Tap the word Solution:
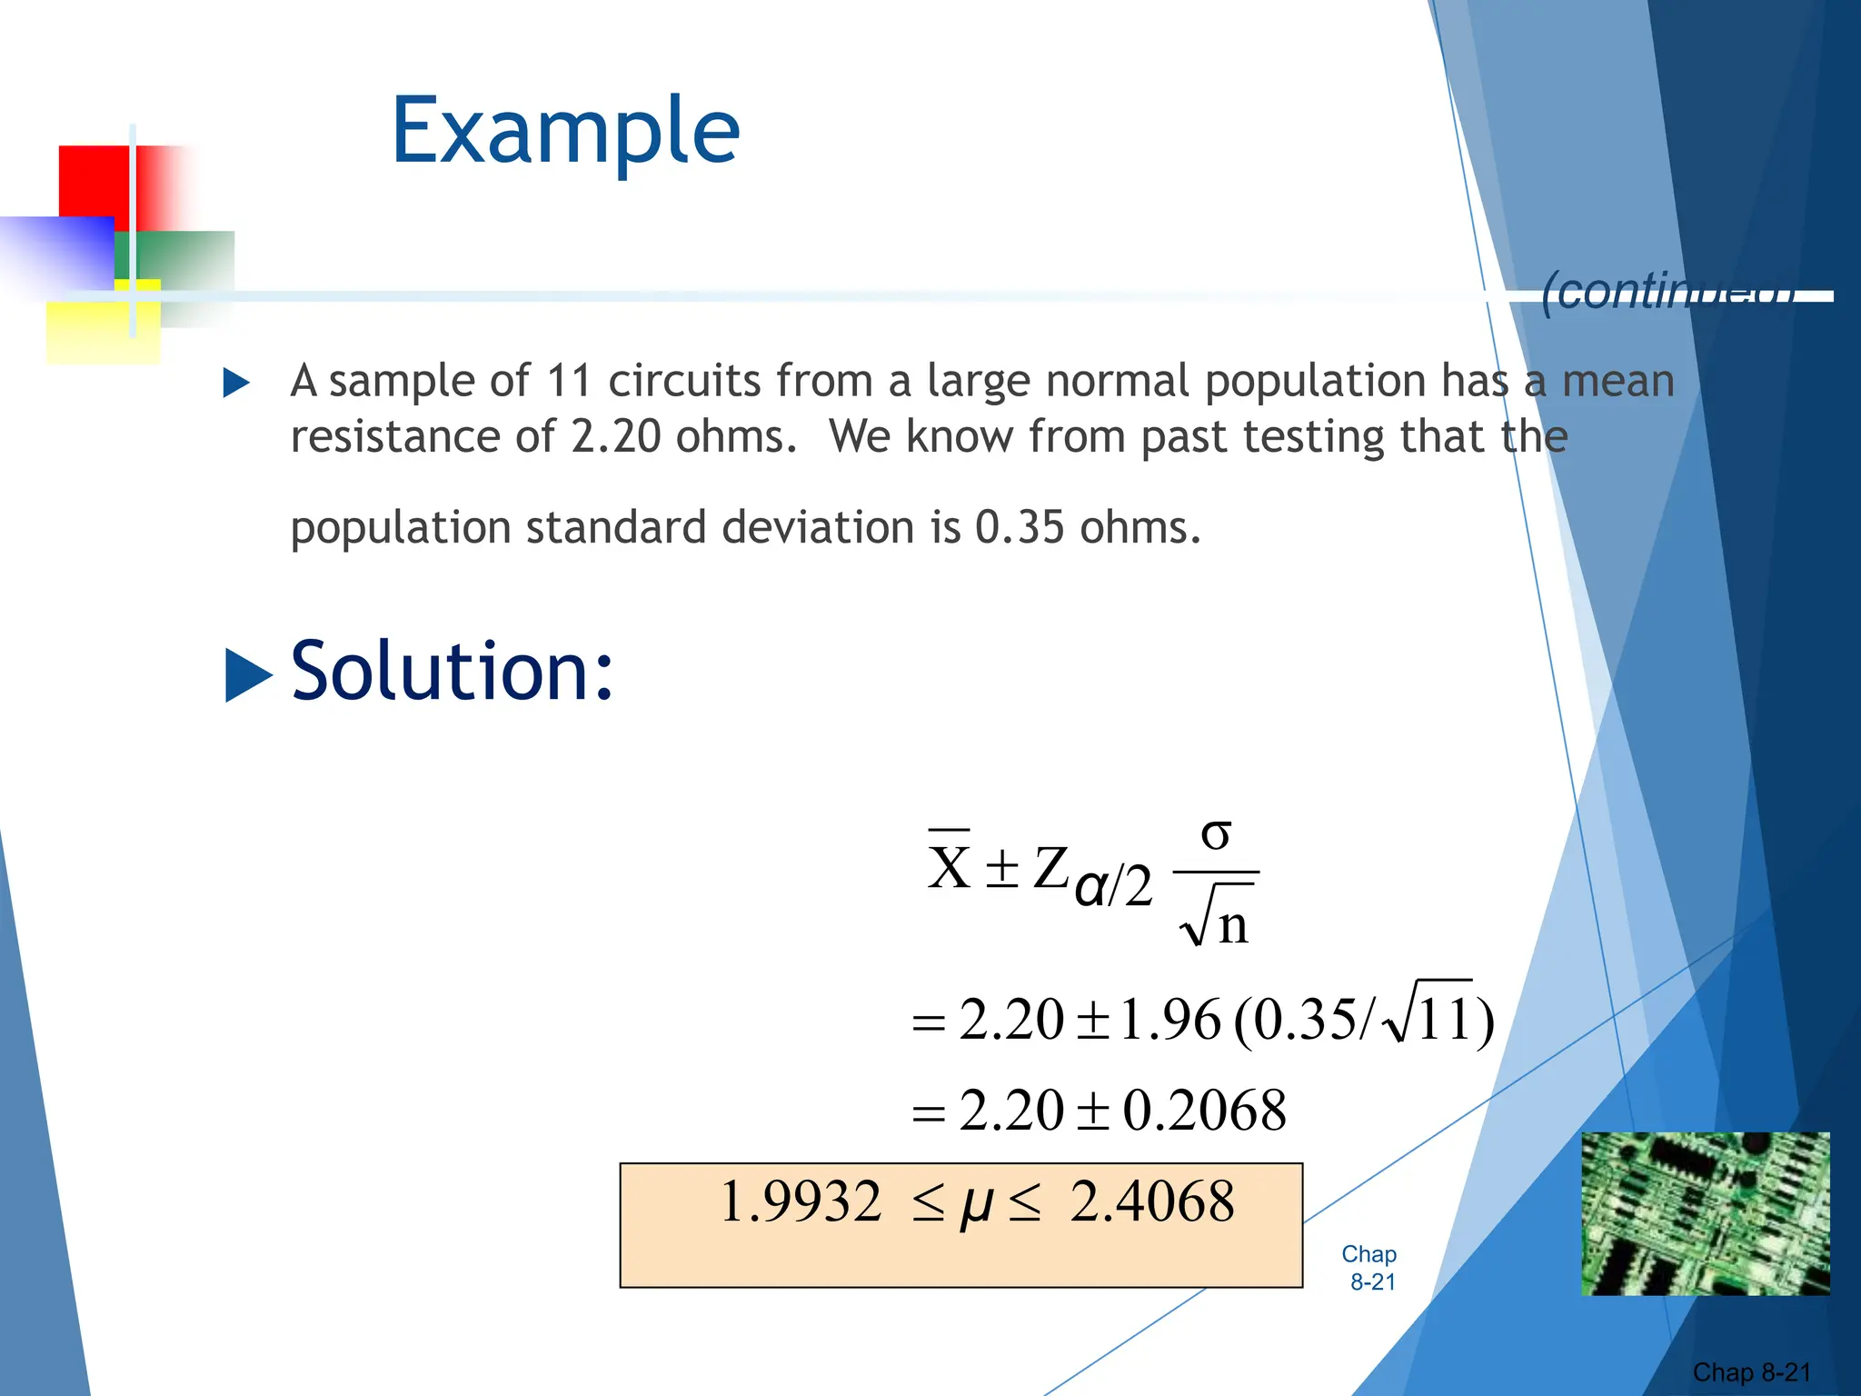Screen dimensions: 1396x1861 coord(452,672)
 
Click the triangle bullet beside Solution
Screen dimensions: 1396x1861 coord(247,675)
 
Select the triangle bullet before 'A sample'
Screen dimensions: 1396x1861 coord(236,383)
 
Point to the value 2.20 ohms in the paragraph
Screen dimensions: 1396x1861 coord(615,437)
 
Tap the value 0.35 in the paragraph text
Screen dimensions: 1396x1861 coord(1019,528)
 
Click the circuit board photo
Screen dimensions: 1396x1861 coord(1705,1213)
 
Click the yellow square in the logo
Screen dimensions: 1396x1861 coord(102,329)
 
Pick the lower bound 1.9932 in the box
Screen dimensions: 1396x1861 coord(800,1202)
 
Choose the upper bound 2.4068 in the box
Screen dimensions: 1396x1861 coord(1152,1202)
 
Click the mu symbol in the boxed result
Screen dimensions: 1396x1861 coord(976,1204)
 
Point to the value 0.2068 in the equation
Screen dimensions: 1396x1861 coord(1204,1111)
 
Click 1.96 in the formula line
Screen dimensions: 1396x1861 coord(1169,1020)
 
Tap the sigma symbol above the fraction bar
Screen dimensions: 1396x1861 coord(1216,833)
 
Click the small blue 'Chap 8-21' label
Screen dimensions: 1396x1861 coord(1369,1268)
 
